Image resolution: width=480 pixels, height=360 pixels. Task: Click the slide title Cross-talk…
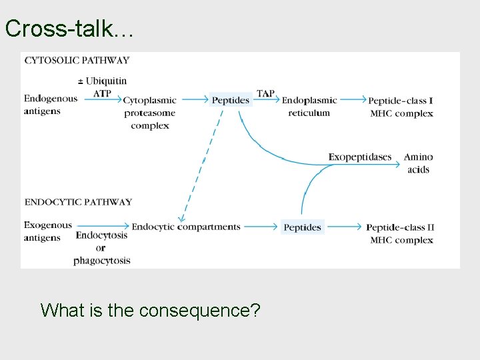(x=69, y=28)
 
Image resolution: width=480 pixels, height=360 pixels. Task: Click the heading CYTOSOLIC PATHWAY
(x=77, y=60)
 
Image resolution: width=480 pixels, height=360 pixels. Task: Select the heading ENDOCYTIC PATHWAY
(x=78, y=202)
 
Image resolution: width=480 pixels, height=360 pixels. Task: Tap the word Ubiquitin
(x=105, y=81)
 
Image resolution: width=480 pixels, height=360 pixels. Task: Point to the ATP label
(x=102, y=93)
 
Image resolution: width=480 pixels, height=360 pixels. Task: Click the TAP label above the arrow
(x=265, y=93)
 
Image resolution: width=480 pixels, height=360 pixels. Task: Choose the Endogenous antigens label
(x=51, y=105)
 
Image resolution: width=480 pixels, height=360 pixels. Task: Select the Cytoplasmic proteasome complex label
(x=150, y=113)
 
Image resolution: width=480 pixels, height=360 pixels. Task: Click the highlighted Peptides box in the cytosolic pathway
(x=231, y=100)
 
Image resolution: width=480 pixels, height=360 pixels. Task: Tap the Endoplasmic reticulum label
(x=309, y=107)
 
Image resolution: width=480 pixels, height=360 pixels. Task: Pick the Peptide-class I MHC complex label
(x=401, y=107)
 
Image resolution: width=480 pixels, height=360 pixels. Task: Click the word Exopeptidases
(x=360, y=157)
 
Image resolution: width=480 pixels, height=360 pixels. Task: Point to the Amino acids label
(x=418, y=163)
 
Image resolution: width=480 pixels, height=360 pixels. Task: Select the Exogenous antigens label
(x=47, y=231)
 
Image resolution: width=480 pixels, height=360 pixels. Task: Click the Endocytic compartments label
(x=186, y=227)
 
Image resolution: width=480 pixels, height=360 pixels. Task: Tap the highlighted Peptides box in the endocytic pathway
(x=303, y=227)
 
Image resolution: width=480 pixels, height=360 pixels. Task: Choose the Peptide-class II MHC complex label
(x=401, y=233)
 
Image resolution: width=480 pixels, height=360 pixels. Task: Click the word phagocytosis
(x=102, y=261)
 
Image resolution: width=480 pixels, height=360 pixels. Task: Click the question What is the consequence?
(x=150, y=310)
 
